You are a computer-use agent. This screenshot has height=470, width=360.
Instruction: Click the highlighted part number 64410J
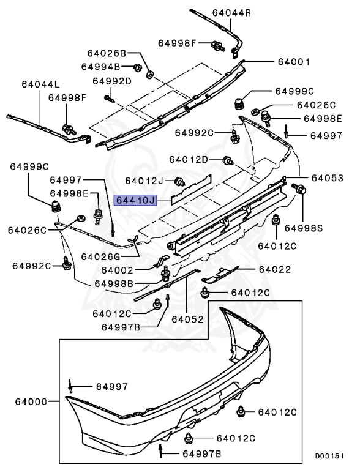click(136, 200)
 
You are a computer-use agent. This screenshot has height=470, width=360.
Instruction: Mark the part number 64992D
click(112, 80)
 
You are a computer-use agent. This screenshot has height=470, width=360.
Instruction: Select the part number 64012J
click(144, 181)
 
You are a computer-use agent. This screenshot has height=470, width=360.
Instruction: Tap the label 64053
click(328, 177)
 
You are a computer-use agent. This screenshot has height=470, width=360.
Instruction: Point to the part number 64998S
click(321, 228)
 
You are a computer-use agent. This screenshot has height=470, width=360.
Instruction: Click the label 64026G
click(102, 256)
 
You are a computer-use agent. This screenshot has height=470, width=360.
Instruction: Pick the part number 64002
click(117, 269)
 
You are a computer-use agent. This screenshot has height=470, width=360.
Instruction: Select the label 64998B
click(114, 283)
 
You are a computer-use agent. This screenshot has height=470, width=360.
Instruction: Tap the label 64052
click(187, 319)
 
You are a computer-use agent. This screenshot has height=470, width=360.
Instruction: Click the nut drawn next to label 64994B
click(137, 66)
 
